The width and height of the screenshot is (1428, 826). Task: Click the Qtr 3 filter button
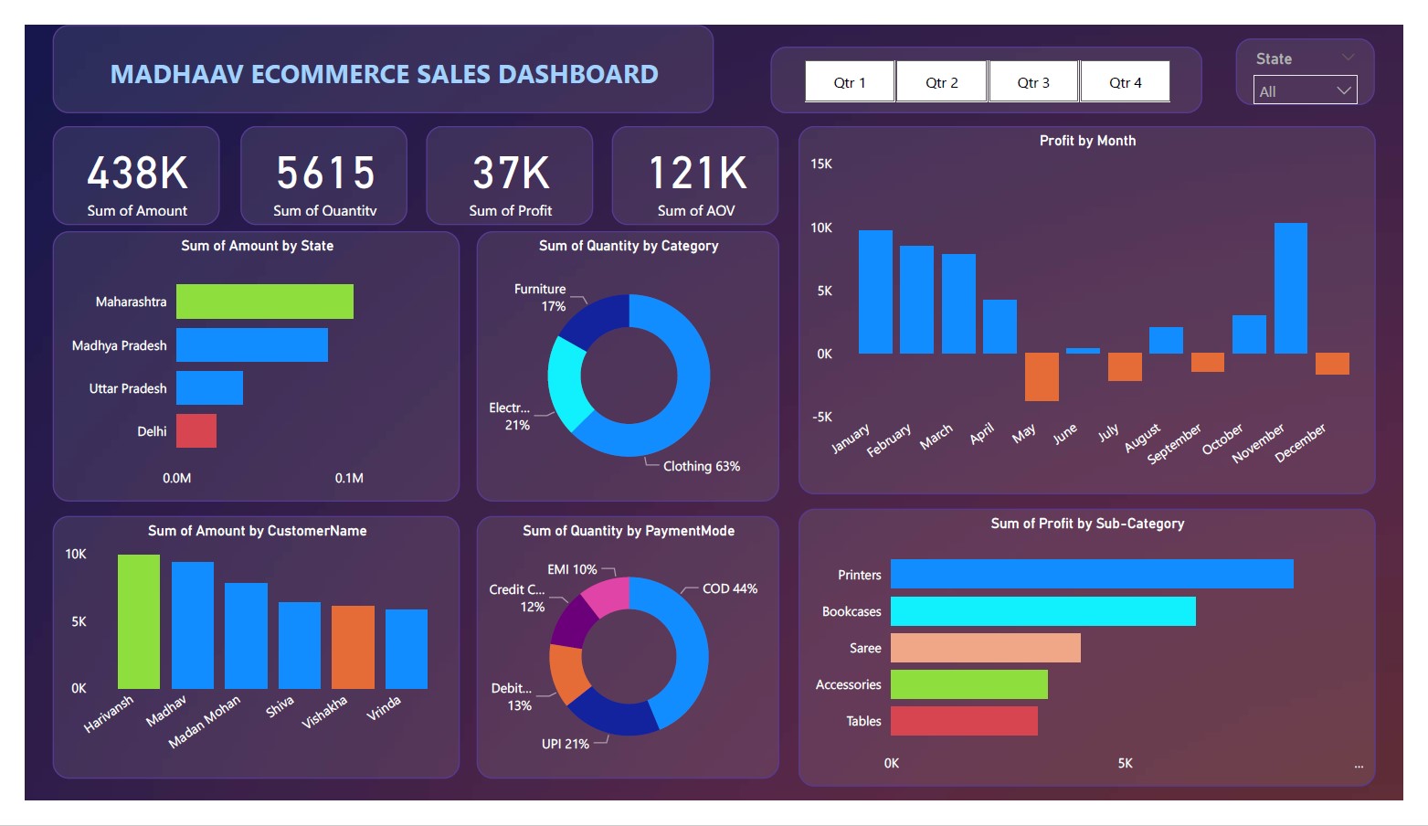pyautogui.click(x=1033, y=82)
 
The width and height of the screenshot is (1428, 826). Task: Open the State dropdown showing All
pyautogui.click(x=1305, y=90)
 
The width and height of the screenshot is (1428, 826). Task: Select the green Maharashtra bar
pyautogui.click(x=265, y=302)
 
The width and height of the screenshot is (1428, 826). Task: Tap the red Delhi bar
pyautogui.click(x=196, y=431)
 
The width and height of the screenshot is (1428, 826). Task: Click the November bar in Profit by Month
pyautogui.click(x=1290, y=288)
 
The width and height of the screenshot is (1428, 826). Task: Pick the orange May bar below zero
pyautogui.click(x=1042, y=376)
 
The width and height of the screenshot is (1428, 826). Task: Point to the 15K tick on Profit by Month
pyautogui.click(x=821, y=164)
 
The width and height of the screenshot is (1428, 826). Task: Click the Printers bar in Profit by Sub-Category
pyautogui.click(x=1092, y=574)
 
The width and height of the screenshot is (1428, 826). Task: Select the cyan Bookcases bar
pyautogui.click(x=1042, y=611)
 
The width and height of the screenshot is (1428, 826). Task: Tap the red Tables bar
pyautogui.click(x=964, y=721)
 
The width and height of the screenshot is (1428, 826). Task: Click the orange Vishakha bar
pyautogui.click(x=353, y=647)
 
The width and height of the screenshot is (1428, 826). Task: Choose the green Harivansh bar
pyautogui.click(x=139, y=621)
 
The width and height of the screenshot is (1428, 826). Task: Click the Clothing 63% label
pyautogui.click(x=701, y=466)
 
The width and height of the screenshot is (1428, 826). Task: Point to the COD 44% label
pyautogui.click(x=729, y=588)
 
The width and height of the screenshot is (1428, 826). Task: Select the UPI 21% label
pyautogui.click(x=565, y=744)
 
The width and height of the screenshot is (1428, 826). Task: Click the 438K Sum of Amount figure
pyautogui.click(x=137, y=174)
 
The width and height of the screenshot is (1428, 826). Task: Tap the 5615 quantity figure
pyautogui.click(x=325, y=174)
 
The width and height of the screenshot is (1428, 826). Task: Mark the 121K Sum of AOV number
pyautogui.click(x=697, y=174)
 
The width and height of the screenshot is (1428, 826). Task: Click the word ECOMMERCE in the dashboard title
pyautogui.click(x=342, y=74)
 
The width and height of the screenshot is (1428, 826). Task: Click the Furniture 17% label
pyautogui.click(x=541, y=297)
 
